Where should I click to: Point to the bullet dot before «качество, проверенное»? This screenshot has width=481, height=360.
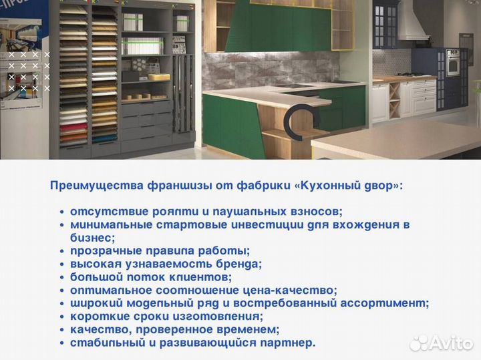[x=62, y=330]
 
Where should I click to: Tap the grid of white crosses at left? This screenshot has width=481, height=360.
[x=29, y=71]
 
